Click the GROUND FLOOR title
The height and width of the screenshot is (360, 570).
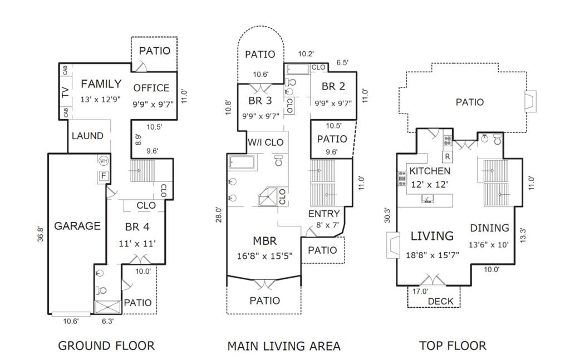[106, 346]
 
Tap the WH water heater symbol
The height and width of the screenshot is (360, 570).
[103, 161]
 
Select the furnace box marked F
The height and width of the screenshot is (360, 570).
[104, 176]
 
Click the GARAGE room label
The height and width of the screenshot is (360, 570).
[77, 226]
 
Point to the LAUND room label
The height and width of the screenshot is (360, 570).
[87, 136]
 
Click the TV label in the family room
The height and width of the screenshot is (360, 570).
[66, 92]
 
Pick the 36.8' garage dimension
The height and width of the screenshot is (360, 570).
[41, 234]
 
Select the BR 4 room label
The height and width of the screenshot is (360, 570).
[137, 227]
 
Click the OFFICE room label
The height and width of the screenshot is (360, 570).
[151, 88]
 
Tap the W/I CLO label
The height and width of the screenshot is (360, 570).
[266, 142]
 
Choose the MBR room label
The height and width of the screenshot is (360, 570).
[264, 241]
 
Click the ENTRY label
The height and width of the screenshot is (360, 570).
[324, 214]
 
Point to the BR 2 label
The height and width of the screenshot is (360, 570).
[333, 86]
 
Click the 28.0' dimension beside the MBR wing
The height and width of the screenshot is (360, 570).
[218, 215]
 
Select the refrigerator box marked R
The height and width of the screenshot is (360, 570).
[448, 156]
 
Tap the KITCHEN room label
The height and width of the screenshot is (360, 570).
[430, 171]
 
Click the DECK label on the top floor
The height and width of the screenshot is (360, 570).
[441, 301]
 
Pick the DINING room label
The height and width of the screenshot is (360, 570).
[489, 228]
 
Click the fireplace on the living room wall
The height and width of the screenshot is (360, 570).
[392, 245]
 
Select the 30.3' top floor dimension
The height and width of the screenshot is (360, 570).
[387, 215]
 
